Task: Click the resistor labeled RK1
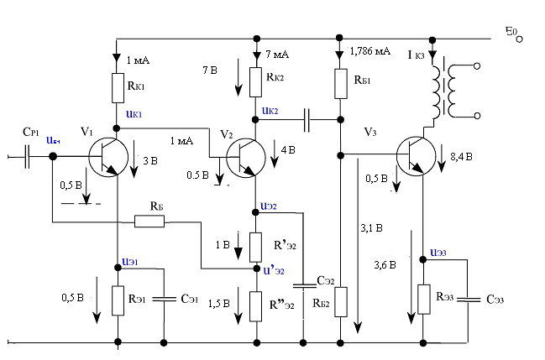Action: [x=118, y=86]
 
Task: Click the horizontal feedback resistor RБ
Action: [x=150, y=222]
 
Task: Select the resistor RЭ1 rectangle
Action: [x=118, y=298]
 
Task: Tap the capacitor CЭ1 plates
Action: [x=162, y=298]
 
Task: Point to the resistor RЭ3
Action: [x=424, y=298]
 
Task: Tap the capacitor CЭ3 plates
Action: [x=470, y=298]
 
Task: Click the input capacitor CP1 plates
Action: [x=28, y=155]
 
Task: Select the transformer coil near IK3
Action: [x=445, y=88]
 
